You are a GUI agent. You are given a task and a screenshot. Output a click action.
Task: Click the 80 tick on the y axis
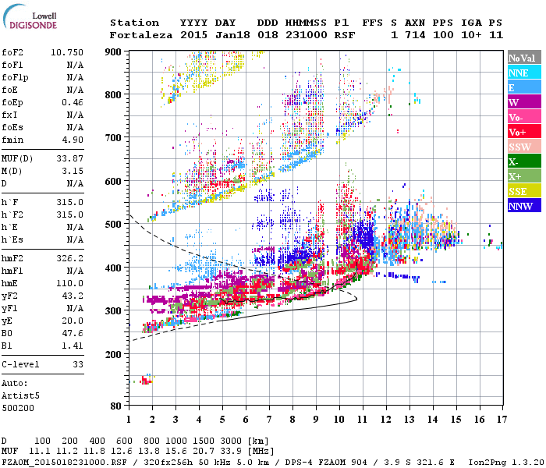(x=115, y=406)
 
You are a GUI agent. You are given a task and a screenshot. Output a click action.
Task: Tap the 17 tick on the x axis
(x=500, y=419)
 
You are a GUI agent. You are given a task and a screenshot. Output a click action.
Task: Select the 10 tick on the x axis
(x=339, y=419)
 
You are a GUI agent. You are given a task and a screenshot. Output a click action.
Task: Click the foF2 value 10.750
(x=67, y=51)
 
